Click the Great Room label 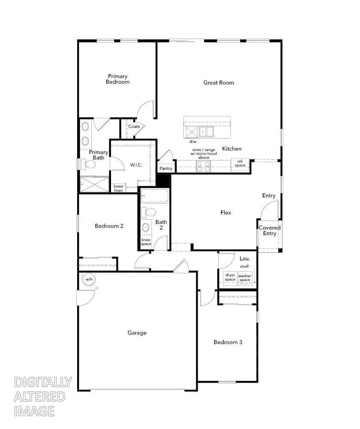tap(219, 82)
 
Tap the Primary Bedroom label tap(117, 79)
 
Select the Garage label tap(137, 332)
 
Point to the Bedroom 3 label tap(228, 342)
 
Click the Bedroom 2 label tap(109, 226)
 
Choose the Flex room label tap(225, 212)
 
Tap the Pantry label tap(166, 169)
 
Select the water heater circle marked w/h tap(89, 279)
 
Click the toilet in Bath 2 tap(150, 212)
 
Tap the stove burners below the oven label tap(203, 166)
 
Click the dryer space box tap(230, 278)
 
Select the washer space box tap(244, 278)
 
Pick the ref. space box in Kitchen tap(240, 163)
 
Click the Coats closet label tap(134, 127)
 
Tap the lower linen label tap(119, 188)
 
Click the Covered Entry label tap(270, 230)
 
